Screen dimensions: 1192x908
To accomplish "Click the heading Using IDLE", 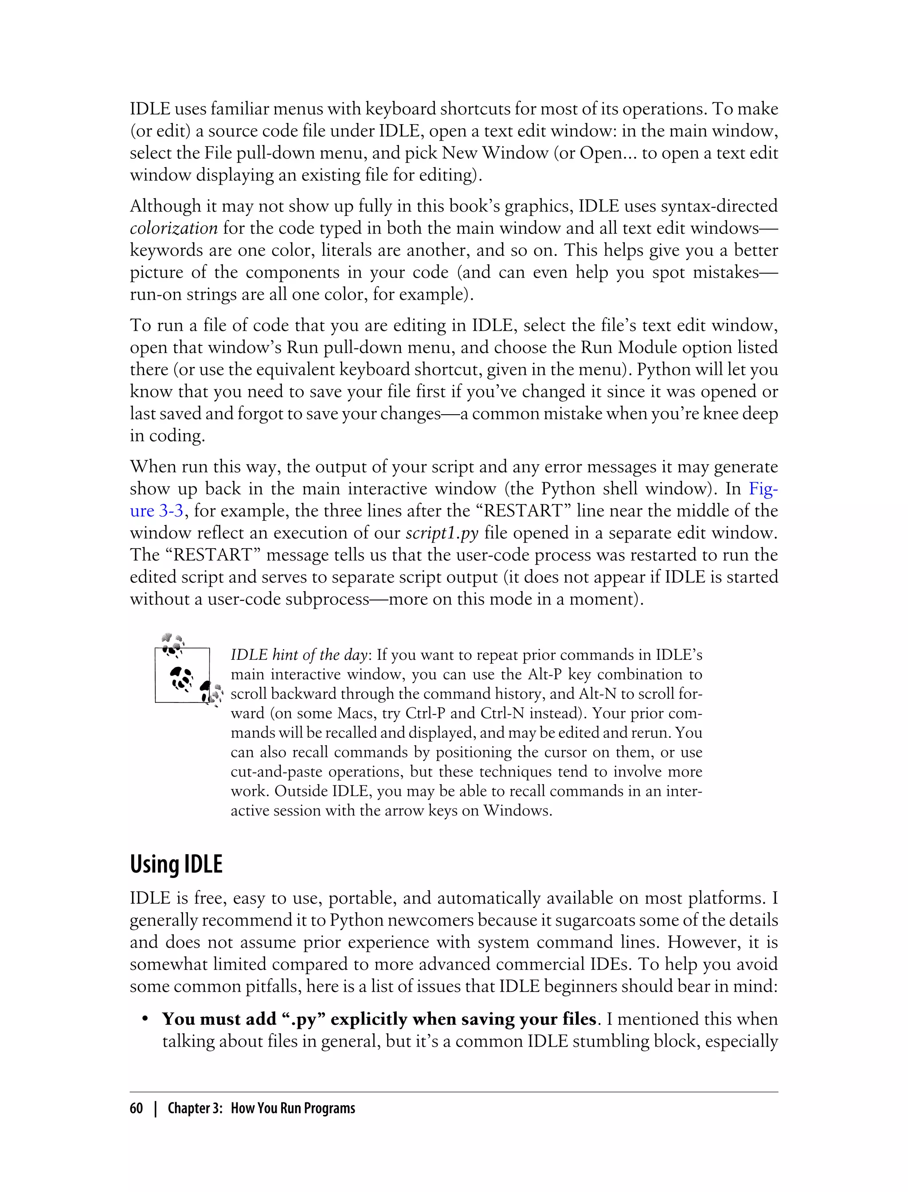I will pyautogui.click(x=176, y=864).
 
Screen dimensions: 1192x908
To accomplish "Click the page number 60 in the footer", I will pyautogui.click(x=136, y=1108).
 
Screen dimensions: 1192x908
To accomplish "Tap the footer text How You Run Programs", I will pyautogui.click(x=293, y=1108).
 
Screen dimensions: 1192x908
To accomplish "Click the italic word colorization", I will pyautogui.click(x=173, y=228).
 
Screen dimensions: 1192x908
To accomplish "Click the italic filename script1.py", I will pyautogui.click(x=442, y=533).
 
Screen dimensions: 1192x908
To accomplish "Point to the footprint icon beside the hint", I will pyautogui.click(x=187, y=674).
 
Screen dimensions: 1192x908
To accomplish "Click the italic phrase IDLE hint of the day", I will pyautogui.click(x=299, y=655).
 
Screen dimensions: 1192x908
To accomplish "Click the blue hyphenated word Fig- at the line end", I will pyautogui.click(x=763, y=489).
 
